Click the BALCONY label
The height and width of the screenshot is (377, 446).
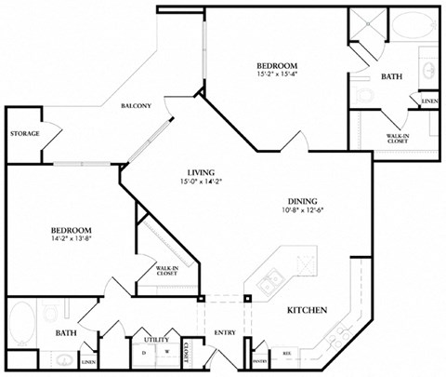[136, 107]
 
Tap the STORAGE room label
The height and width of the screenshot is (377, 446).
[25, 134]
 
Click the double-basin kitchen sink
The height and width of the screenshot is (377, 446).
[269, 285]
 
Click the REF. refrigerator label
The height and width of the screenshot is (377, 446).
[286, 353]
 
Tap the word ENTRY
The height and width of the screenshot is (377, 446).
[225, 332]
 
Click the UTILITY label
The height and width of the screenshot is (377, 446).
[154, 342]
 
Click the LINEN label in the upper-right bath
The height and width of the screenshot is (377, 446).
[429, 100]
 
